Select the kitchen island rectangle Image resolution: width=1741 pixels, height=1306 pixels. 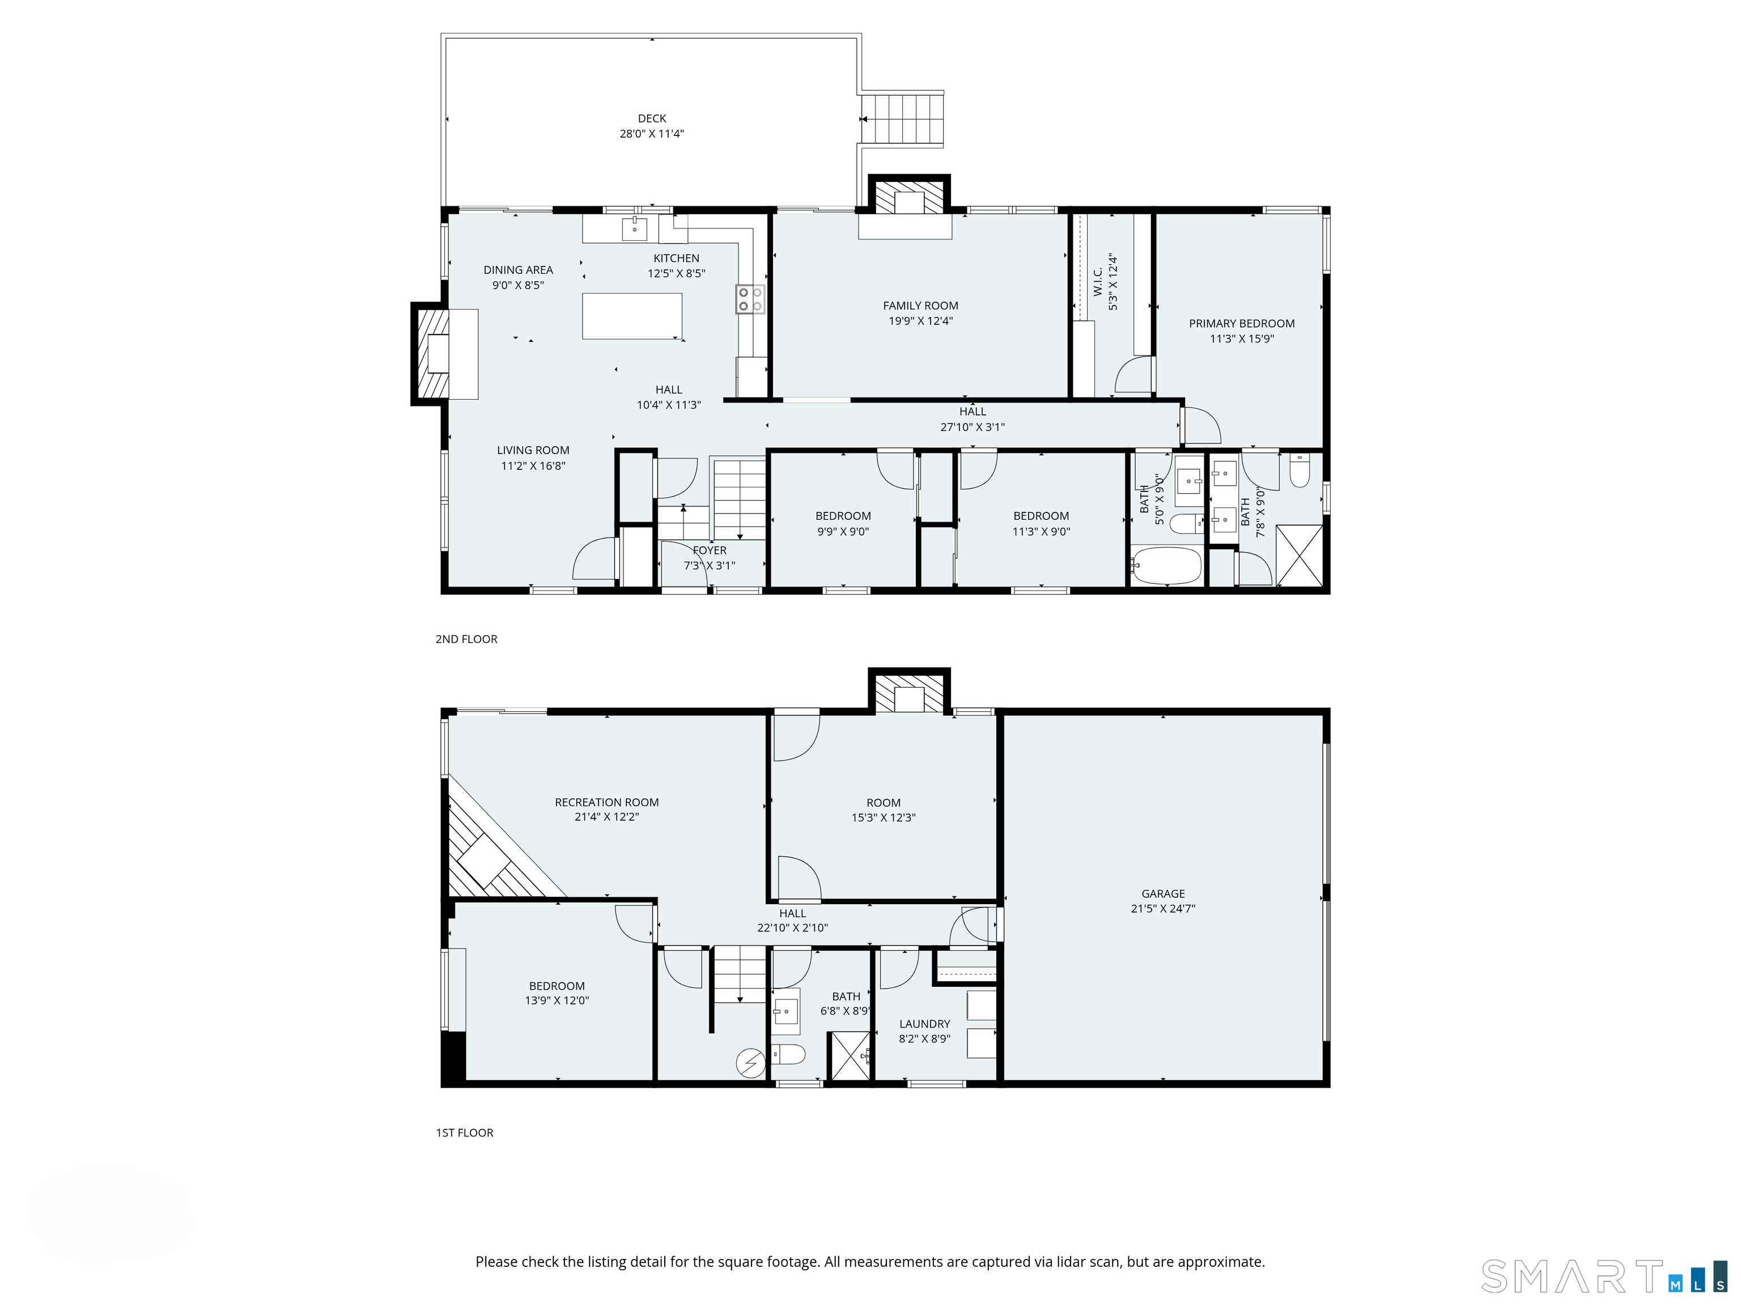632,316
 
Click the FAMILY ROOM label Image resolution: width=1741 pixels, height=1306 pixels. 920,306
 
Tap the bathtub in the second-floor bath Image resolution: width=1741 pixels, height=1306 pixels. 1166,565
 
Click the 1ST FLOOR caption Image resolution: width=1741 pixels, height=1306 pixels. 464,1133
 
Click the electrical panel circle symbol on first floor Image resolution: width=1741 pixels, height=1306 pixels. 750,1063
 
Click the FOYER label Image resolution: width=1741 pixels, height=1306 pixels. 710,550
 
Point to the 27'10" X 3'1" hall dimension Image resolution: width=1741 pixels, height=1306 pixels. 973,427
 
